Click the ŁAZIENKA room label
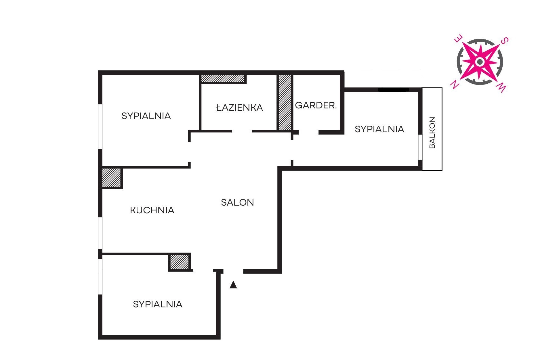[239, 107]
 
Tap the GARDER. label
[316, 105]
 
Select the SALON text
[237, 202]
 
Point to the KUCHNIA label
[152, 210]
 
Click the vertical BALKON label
[432, 133]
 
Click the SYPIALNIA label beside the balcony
[379, 129]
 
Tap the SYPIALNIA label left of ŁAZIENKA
[146, 116]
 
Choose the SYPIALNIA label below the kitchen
[158, 304]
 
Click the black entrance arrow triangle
[233, 285]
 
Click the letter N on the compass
[455, 85]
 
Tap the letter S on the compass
[505, 41]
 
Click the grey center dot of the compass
[480, 62]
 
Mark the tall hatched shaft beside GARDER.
[285, 102]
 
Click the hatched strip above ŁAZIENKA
[223, 78]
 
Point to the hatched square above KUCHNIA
[111, 177]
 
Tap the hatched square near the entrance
[180, 262]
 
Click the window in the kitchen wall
[100, 233]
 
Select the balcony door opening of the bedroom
[420, 147]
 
